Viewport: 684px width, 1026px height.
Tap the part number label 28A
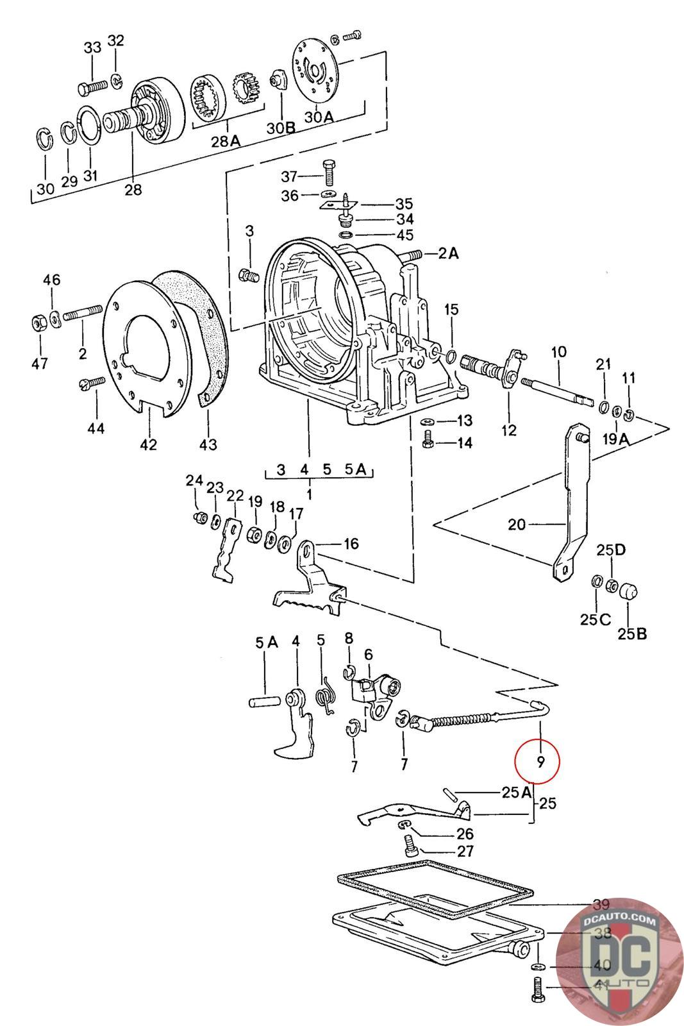(x=225, y=141)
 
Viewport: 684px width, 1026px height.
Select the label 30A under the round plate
(x=319, y=117)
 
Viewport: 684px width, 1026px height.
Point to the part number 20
(x=517, y=524)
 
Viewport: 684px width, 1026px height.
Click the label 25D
(x=611, y=550)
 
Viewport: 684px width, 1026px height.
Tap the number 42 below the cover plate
(x=148, y=444)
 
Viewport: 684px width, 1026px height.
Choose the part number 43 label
(x=208, y=444)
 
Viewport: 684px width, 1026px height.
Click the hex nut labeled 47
(x=39, y=323)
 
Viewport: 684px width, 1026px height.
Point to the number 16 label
(x=351, y=544)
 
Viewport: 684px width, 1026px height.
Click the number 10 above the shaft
(x=558, y=352)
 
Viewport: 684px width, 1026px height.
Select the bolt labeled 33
(x=93, y=87)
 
